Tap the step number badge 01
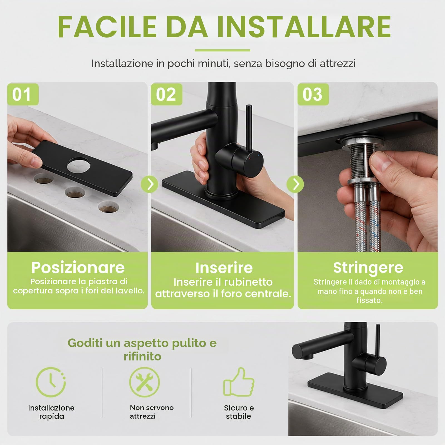[23, 94]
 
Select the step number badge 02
[167, 94]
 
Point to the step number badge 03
[313, 94]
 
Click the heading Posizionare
[78, 268]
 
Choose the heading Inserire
[224, 268]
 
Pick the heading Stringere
[368, 268]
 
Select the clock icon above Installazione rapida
[51, 382]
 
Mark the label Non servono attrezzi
[152, 412]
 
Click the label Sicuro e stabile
[239, 412]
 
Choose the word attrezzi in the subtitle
[338, 64]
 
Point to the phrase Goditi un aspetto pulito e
[142, 343]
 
